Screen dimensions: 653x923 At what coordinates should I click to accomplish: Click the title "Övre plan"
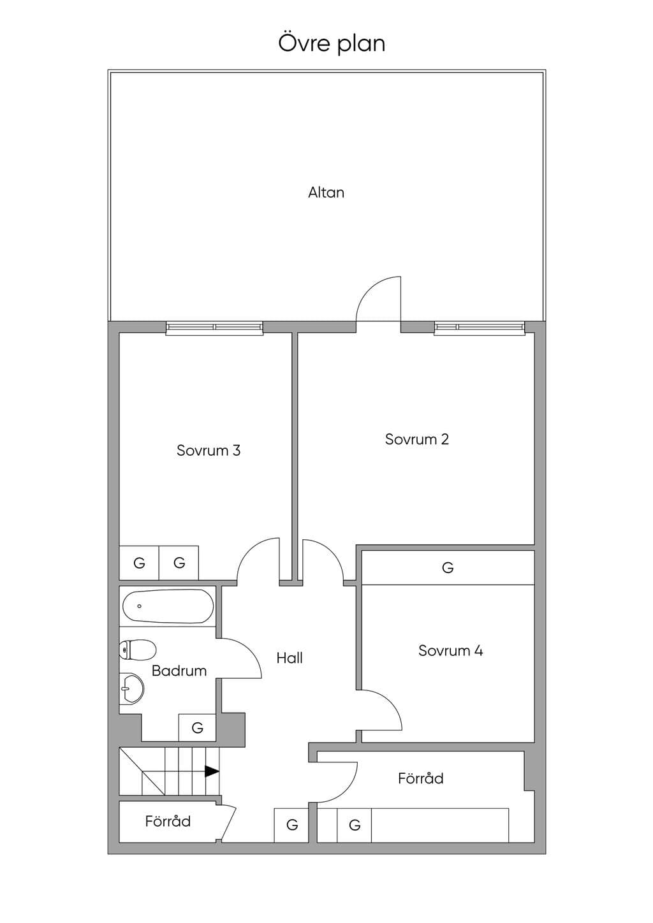[x=332, y=44]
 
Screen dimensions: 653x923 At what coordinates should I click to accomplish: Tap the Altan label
[x=326, y=193]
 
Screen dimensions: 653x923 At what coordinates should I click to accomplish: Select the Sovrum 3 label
[x=208, y=451]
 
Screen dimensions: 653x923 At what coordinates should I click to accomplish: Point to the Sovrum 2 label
[x=417, y=439]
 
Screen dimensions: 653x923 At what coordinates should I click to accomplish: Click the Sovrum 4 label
[x=450, y=651]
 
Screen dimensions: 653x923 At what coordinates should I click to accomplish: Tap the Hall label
[x=290, y=658]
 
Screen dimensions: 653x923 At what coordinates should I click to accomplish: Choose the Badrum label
[x=179, y=671]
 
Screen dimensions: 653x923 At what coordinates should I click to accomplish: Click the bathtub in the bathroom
[x=168, y=606]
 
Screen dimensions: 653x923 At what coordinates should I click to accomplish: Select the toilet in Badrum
[x=137, y=650]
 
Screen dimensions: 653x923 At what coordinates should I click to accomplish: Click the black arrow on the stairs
[x=212, y=771]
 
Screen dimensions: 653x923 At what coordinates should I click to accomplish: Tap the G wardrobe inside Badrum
[x=197, y=728]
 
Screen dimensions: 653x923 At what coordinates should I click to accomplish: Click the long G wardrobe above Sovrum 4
[x=448, y=567]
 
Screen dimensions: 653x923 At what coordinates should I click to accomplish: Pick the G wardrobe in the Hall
[x=291, y=825]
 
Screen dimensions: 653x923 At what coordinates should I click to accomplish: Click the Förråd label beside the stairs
[x=168, y=821]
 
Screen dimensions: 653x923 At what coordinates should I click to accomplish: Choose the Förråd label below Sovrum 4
[x=420, y=778]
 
